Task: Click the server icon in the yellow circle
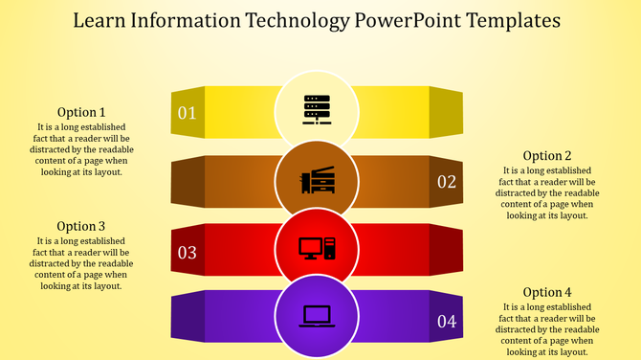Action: tap(317, 110)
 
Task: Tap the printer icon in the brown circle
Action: tap(318, 180)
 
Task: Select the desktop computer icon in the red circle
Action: tap(317, 248)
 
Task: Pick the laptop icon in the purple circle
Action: tap(317, 316)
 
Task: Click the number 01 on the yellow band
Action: tap(187, 114)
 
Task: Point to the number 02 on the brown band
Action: tap(447, 182)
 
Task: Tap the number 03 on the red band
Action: tap(187, 253)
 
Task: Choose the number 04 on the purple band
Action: tap(447, 322)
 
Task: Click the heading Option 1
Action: tap(81, 112)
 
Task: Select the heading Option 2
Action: tap(547, 156)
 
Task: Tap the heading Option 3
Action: tap(81, 227)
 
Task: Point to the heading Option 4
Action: tap(547, 292)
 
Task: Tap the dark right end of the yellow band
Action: tap(446, 111)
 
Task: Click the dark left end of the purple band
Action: tap(188, 317)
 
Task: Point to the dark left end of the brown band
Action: tap(188, 181)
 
